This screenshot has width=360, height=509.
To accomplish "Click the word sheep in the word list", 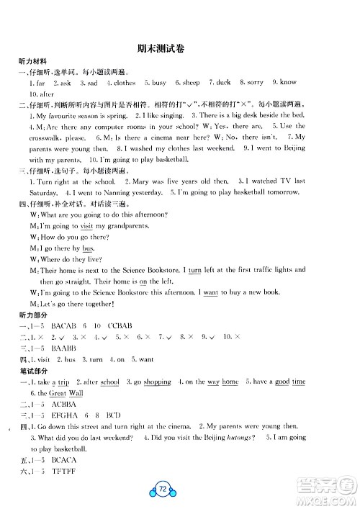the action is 192,83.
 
